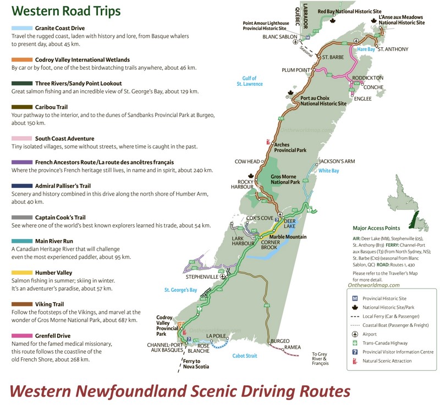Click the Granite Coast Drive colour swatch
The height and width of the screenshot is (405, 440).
click(x=21, y=27)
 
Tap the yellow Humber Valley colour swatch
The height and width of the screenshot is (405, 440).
click(x=21, y=272)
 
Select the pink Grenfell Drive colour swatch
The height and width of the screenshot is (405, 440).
click(x=21, y=335)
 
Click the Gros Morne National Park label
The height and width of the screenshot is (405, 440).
click(x=286, y=179)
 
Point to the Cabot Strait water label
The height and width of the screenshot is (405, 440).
click(x=245, y=356)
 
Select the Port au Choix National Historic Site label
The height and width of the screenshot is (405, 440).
click(x=323, y=101)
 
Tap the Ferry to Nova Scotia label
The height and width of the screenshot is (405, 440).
click(x=196, y=364)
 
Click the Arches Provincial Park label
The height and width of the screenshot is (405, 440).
click(x=290, y=148)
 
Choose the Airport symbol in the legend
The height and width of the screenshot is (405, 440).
click(x=355, y=334)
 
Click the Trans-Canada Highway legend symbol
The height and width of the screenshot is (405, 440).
click(x=355, y=343)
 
